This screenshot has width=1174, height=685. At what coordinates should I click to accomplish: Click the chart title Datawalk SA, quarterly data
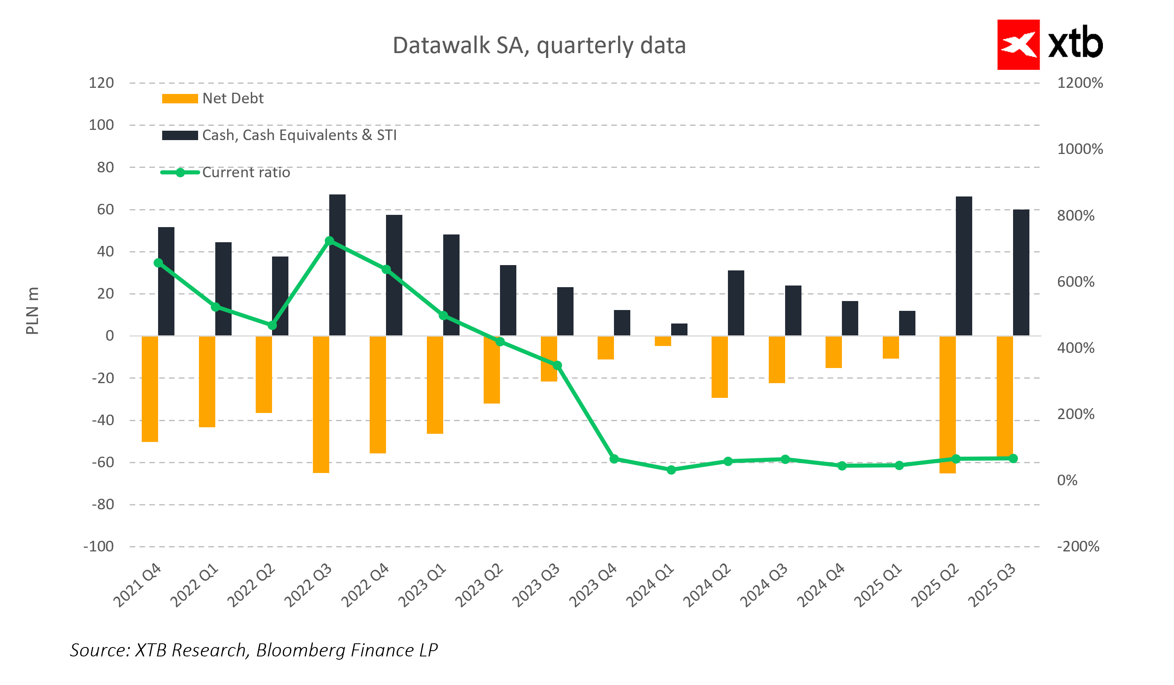(539, 46)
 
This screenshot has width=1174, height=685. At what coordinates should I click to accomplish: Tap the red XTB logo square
(1018, 45)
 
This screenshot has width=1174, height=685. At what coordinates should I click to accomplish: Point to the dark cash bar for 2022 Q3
(337, 265)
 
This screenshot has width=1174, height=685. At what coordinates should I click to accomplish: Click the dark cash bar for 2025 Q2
(964, 266)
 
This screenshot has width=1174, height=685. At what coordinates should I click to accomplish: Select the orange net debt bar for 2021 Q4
(150, 388)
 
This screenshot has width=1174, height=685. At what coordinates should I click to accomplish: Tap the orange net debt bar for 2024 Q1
(663, 341)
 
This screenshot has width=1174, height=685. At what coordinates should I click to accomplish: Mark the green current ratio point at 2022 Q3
(329, 241)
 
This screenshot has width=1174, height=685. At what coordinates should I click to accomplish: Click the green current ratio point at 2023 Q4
(614, 459)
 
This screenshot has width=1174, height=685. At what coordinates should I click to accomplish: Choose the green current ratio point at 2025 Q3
(1013, 459)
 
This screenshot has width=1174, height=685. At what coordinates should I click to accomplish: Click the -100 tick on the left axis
(98, 546)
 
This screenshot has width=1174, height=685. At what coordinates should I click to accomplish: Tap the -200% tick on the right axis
(1078, 546)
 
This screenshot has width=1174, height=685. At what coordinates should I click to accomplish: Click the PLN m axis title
(32, 311)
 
